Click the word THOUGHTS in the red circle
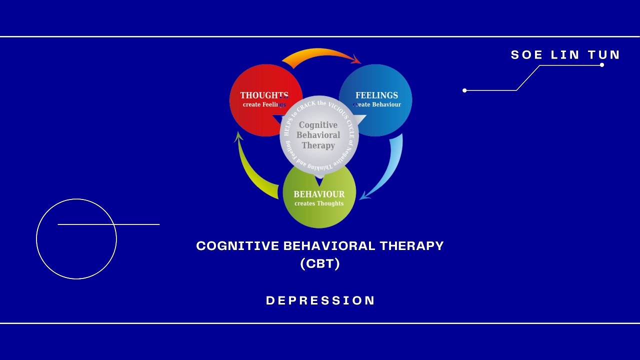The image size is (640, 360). pos(263,95)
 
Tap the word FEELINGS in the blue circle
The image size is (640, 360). pos(376,95)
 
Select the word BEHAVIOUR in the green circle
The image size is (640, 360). pos(319,194)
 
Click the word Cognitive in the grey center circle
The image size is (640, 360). pos(318,125)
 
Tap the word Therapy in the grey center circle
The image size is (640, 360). pos(318,145)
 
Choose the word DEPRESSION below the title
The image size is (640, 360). pos(320,300)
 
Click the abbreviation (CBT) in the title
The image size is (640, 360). pos(320,263)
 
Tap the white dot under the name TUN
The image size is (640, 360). pos(602,65)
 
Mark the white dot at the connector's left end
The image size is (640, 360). pos(464,90)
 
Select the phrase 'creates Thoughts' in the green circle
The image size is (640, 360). pos(319,203)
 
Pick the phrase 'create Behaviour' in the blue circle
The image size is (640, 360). pos(377,104)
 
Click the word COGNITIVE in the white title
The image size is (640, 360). pos(238,246)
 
